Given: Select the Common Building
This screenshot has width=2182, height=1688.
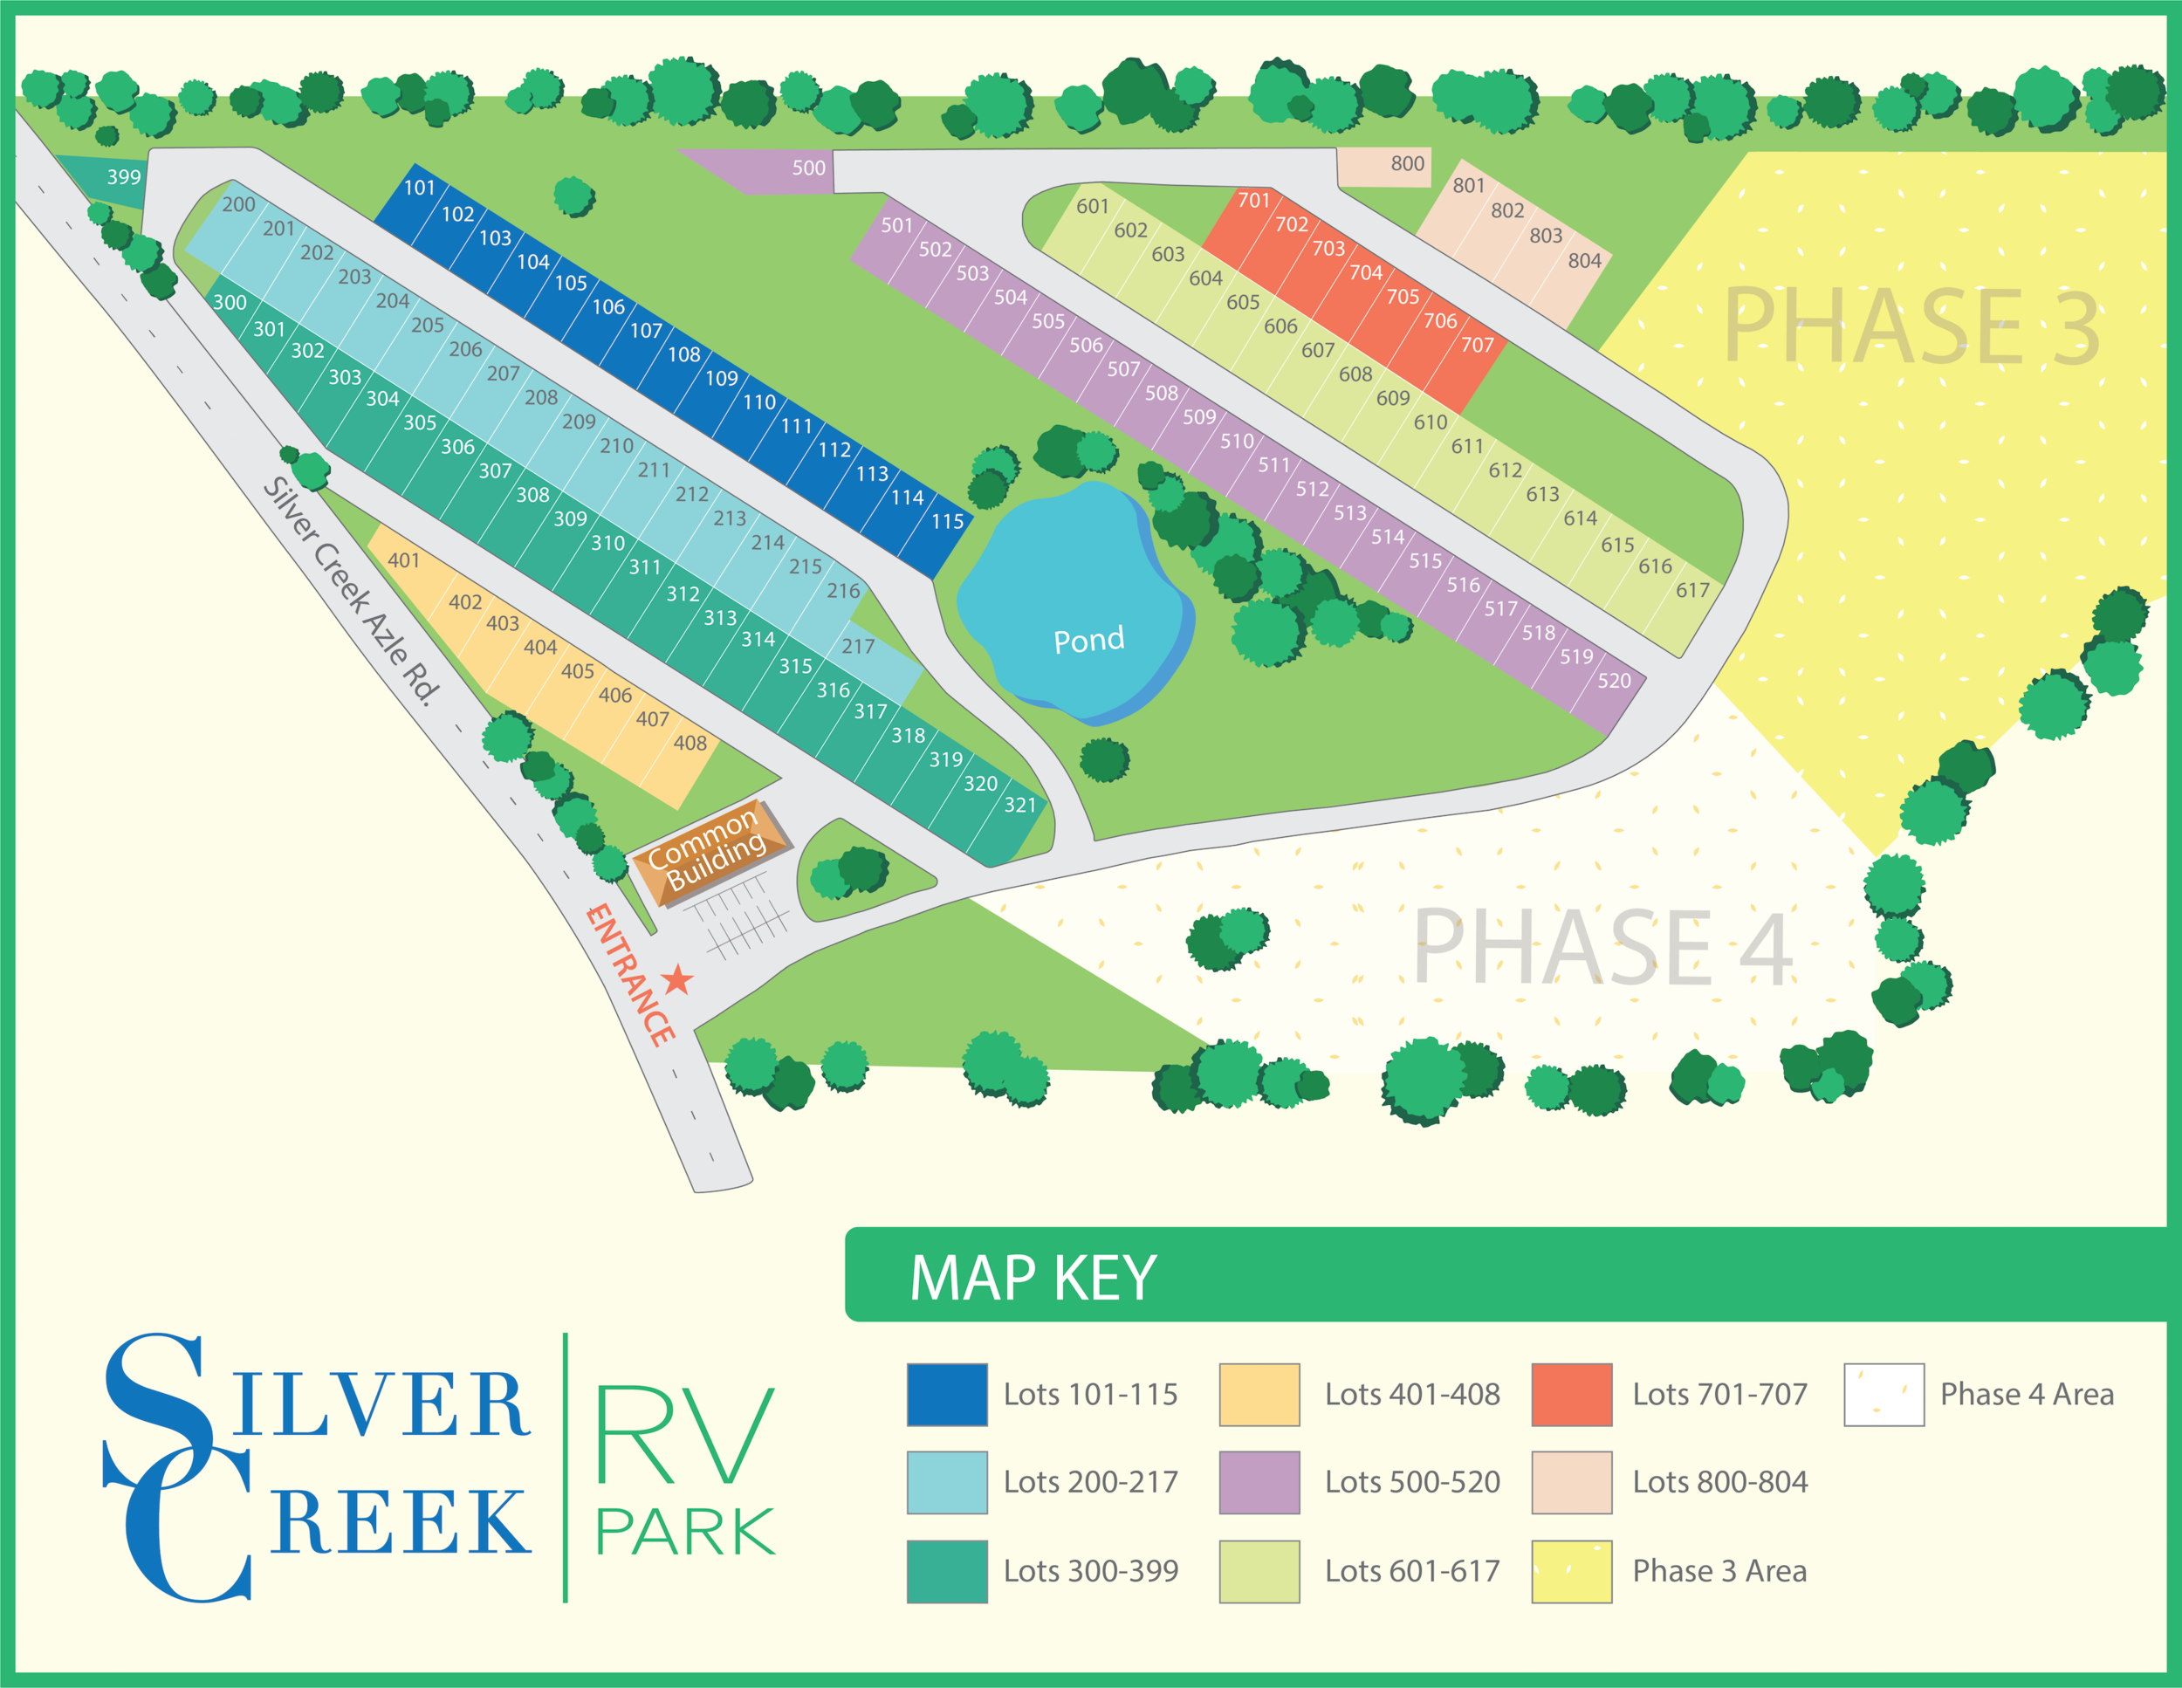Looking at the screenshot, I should pos(707,850).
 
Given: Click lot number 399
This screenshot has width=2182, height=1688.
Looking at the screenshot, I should pos(124,178).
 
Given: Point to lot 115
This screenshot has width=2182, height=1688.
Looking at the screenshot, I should pos(947,521).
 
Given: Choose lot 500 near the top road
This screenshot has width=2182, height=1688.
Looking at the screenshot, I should pos(808,168).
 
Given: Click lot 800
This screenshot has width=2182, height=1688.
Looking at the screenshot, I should pos(1407,164).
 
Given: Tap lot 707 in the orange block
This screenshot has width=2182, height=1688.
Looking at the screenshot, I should pos(1477,346).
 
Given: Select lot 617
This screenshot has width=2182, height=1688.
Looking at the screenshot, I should pos(1692,590).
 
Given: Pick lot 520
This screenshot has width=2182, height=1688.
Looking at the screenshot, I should pos(1614,681).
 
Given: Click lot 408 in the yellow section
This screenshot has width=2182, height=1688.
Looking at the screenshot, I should pos(690,743).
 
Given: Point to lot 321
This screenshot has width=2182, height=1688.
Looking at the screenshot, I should pos(1020,805).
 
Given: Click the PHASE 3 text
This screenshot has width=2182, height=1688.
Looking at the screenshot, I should pos(1911,326).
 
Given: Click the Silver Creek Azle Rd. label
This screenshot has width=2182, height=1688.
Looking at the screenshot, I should pos(352,591).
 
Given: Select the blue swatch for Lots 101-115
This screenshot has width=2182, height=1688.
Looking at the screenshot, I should pos(947,1395).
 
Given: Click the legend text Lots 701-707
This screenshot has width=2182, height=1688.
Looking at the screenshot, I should pos(1719,1395).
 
